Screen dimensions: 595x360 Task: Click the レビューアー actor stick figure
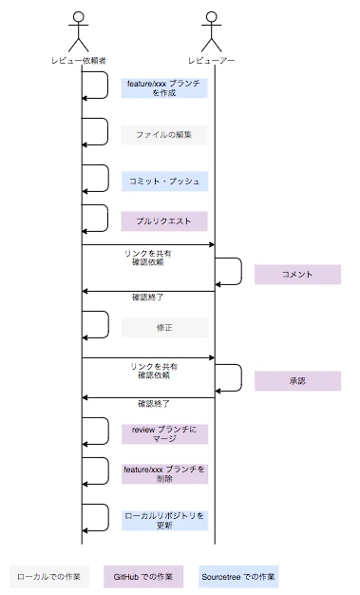[214, 29]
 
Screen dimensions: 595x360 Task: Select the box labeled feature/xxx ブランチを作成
[164, 88]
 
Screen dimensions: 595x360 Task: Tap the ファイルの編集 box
[164, 134]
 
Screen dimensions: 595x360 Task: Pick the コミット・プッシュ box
[164, 180]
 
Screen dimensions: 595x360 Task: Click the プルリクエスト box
[164, 221]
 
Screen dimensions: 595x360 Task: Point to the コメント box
[297, 274]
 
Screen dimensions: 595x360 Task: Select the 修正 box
[164, 327]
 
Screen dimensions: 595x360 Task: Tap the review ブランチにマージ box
[164, 433]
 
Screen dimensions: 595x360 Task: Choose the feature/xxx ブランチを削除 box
[164, 474]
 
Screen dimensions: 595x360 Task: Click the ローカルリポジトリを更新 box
[164, 519]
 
